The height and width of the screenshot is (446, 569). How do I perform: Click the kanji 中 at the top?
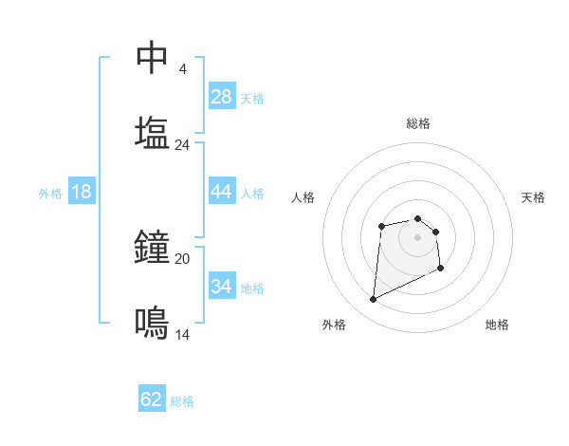[x=153, y=58]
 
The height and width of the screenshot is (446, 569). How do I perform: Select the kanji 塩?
[x=153, y=132]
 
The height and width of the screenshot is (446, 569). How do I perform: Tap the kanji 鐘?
[x=153, y=248]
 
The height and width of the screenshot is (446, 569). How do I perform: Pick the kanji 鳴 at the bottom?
[x=153, y=323]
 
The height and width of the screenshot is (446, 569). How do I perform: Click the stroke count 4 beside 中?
[x=182, y=69]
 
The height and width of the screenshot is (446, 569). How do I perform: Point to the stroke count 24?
[x=182, y=144]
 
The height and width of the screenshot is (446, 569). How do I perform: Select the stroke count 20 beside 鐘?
[x=182, y=258]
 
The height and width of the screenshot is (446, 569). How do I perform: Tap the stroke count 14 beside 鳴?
[x=182, y=334]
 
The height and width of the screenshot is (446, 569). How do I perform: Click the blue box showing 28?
[x=222, y=97]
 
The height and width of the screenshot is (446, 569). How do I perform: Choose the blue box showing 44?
[x=222, y=192]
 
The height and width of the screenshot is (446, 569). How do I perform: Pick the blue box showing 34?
[x=222, y=287]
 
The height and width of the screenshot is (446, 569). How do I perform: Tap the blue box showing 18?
[x=82, y=192]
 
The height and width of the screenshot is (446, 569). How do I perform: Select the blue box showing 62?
[x=152, y=400]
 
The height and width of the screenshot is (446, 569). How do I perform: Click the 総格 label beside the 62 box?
[x=182, y=401]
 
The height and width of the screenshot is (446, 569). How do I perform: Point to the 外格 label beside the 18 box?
[x=50, y=194]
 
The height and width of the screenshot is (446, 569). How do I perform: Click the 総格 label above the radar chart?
[x=418, y=123]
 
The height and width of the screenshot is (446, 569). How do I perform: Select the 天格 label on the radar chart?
[x=534, y=197]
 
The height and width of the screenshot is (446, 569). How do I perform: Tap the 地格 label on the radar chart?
[x=497, y=325]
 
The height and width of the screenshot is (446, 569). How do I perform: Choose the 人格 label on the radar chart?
[x=303, y=197]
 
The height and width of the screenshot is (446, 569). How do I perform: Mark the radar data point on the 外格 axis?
[x=374, y=300]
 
